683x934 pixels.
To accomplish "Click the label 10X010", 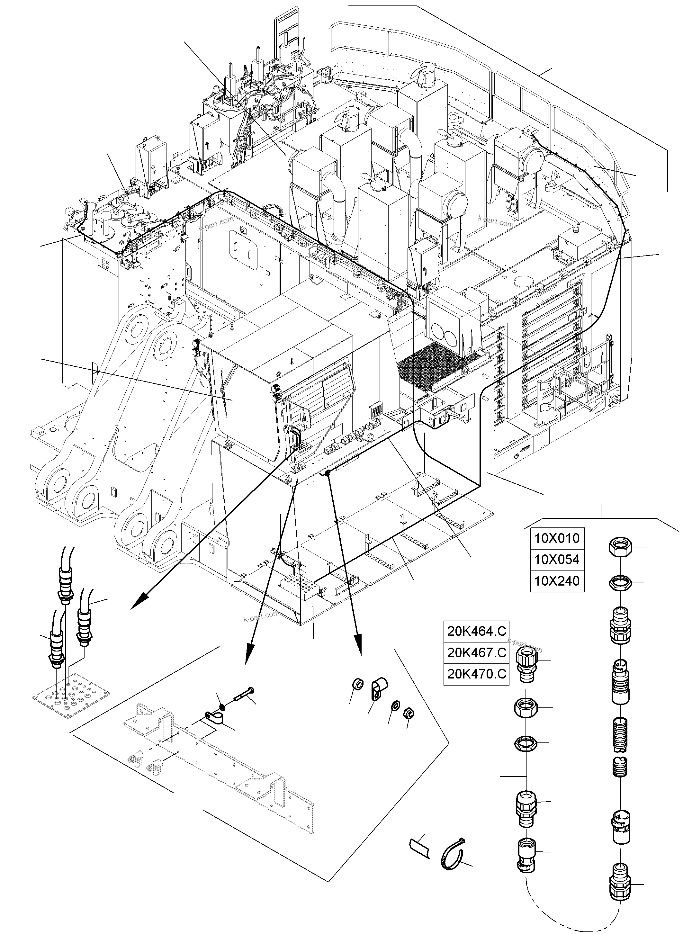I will point(557,538).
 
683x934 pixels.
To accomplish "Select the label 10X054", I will point(557,560).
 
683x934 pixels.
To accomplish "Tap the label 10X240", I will point(557,581).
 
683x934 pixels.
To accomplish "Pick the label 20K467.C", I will point(476,653).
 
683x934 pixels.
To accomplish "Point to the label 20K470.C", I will point(476,674).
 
